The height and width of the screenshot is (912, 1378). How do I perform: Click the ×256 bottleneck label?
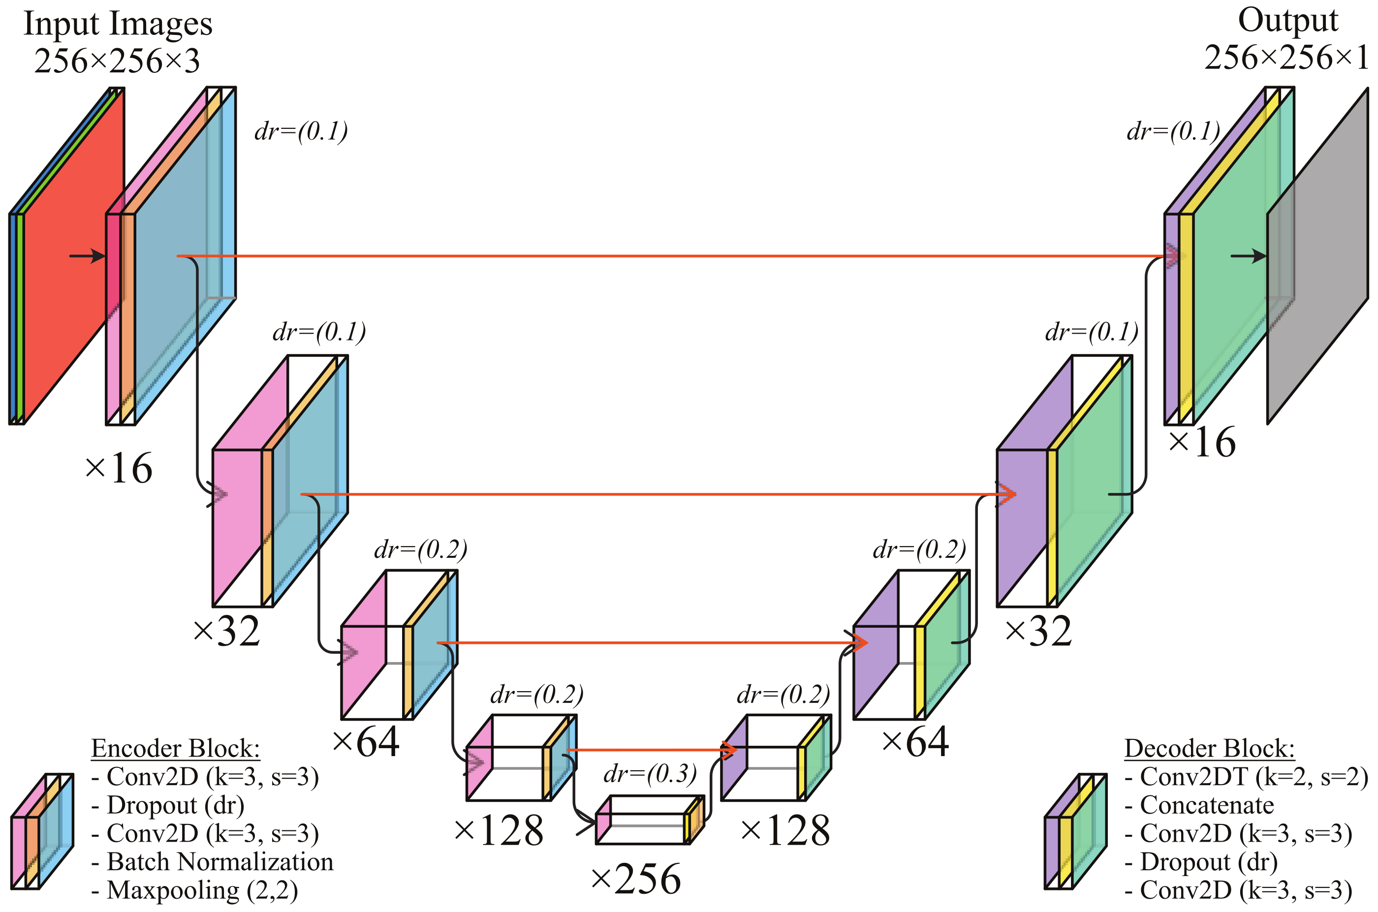coord(636,879)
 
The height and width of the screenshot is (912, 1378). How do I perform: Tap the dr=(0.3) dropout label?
coord(650,774)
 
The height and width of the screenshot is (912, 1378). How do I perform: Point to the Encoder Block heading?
coord(175,749)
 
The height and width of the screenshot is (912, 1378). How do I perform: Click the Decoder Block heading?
coord(1209,749)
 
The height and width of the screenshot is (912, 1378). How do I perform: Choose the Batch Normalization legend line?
coord(213,862)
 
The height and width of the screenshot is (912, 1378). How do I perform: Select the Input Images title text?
coord(118,25)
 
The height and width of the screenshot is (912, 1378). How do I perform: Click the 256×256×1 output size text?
coord(1286,58)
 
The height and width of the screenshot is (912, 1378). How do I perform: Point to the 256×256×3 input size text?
coord(117,61)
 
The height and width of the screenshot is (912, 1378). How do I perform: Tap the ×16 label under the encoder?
coord(119,468)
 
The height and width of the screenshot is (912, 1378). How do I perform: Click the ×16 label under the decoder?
coord(1202,443)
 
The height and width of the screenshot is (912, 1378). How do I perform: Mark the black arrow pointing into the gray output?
coord(1248,256)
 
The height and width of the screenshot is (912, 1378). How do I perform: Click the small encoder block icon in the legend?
coord(42,832)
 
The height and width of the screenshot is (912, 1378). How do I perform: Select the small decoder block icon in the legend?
coord(1075,832)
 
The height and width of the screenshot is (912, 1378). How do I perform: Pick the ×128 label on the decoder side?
coord(785,830)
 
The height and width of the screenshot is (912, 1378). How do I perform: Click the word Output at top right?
coord(1287,21)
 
